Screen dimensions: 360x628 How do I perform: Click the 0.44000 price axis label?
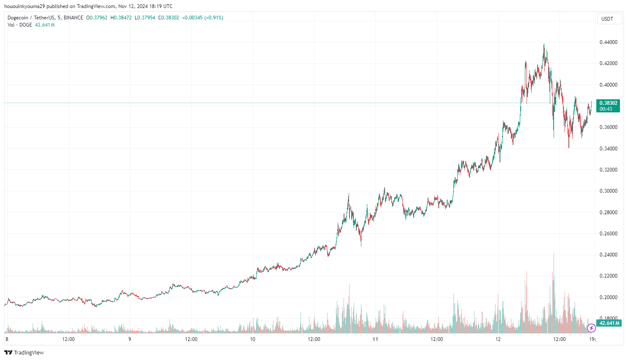608,42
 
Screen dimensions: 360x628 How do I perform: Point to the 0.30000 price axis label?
608,191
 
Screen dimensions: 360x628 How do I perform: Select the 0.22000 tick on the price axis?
608,276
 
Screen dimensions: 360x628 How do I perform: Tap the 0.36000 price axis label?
608,127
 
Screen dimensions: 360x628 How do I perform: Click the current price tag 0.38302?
608,103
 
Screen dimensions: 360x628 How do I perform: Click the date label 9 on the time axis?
130,339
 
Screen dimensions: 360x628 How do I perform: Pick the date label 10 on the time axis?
252,339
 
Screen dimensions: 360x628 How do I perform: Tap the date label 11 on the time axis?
375,339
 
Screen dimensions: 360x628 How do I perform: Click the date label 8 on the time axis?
7,339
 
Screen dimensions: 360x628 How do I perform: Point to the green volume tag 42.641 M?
609,323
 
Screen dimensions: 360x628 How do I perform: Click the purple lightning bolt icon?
591,328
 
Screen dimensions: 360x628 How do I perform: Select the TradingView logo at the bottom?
24,352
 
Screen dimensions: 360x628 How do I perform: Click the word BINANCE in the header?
74,18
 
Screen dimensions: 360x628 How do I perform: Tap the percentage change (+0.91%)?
213,18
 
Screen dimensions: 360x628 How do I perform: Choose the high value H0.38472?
121,18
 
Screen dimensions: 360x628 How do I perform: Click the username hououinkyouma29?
24,6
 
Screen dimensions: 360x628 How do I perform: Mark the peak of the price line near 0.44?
544,44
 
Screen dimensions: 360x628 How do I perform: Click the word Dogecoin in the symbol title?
18,18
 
